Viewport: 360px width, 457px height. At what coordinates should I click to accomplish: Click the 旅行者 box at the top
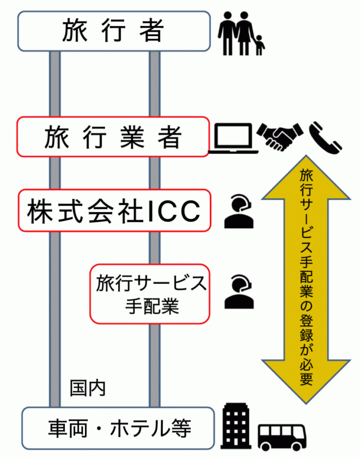click(113, 31)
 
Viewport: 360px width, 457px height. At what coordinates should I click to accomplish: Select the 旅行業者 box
click(113, 137)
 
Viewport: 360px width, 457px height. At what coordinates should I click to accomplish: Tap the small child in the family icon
click(260, 46)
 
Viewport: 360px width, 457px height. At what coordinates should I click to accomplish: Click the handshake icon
click(280, 136)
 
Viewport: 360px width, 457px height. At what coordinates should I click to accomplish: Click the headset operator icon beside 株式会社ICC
click(239, 212)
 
